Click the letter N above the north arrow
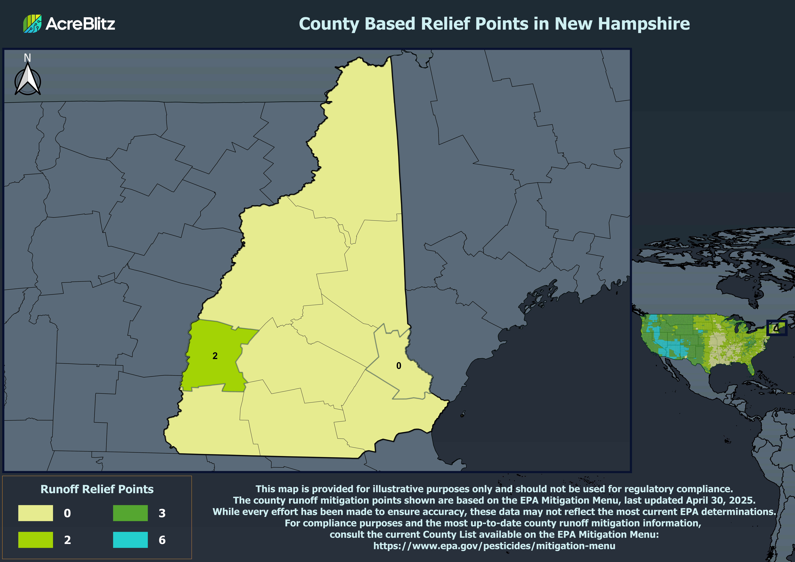pyautogui.click(x=27, y=58)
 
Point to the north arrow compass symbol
pyautogui.click(x=28, y=80)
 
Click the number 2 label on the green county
pyautogui.click(x=215, y=356)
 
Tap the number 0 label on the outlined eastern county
pyautogui.click(x=399, y=366)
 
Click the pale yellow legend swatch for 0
pyautogui.click(x=36, y=513)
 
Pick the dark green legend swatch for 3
pyautogui.click(x=130, y=513)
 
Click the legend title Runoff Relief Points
pyautogui.click(x=97, y=489)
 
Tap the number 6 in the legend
pyautogui.click(x=162, y=540)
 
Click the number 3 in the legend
pyautogui.click(x=162, y=513)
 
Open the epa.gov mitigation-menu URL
pyautogui.click(x=494, y=546)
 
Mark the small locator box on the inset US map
pyautogui.click(x=777, y=328)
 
